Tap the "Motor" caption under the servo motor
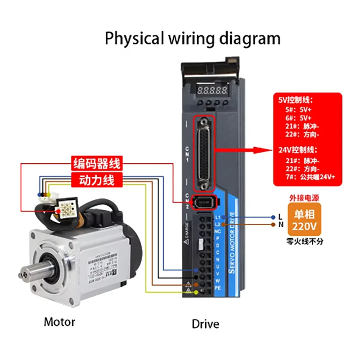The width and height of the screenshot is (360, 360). coord(59,322)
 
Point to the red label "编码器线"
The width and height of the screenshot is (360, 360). coord(97,163)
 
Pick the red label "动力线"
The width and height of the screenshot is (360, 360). coord(97,180)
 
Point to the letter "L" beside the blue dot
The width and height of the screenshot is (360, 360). coord(280,217)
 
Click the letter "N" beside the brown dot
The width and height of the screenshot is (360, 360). coord(280,224)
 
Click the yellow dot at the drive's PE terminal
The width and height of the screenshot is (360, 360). coord(196,292)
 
